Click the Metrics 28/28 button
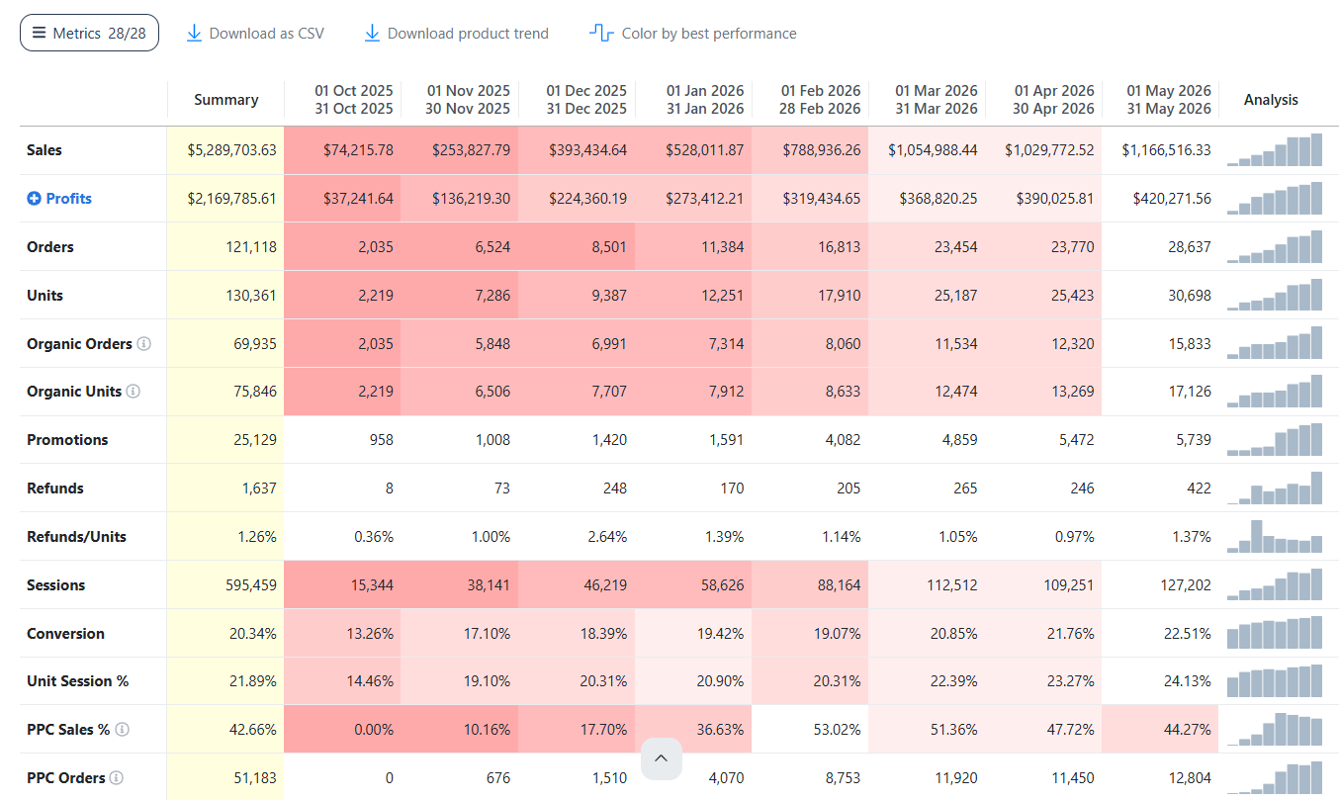click(x=89, y=33)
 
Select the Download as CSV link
click(x=255, y=33)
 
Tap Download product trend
click(x=456, y=33)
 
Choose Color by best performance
click(x=693, y=33)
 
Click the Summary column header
click(x=225, y=99)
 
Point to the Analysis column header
click(x=1271, y=99)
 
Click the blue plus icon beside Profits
click(x=34, y=198)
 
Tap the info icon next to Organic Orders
click(x=144, y=343)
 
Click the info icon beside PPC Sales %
click(x=122, y=729)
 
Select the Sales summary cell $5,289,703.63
click(x=232, y=149)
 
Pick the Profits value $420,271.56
click(x=1172, y=198)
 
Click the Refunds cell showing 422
click(x=1199, y=488)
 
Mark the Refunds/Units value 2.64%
click(x=607, y=536)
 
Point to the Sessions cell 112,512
click(x=951, y=584)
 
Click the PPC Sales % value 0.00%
click(x=374, y=730)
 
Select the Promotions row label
click(x=67, y=439)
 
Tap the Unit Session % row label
click(x=78, y=681)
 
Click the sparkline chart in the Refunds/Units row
click(x=1275, y=536)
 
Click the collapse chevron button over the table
click(x=662, y=758)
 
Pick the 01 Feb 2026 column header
click(x=820, y=99)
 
